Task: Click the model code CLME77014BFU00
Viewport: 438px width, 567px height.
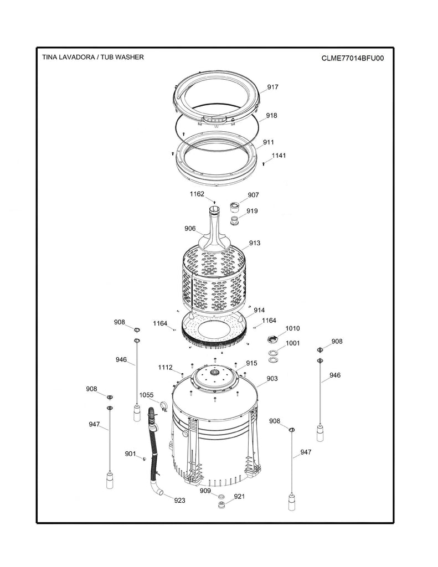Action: coord(352,58)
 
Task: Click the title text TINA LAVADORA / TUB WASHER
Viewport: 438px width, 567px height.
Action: coord(93,57)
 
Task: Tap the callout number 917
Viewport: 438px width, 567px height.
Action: coord(272,87)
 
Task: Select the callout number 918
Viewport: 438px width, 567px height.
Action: coord(271,116)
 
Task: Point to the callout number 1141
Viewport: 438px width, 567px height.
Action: coord(279,156)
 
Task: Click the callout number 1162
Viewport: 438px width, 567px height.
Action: coord(197,194)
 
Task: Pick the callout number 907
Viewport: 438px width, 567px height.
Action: coord(253,195)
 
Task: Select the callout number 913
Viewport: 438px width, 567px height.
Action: coord(255,243)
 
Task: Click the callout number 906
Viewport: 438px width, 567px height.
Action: coord(190,228)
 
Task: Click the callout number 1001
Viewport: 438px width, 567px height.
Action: coord(292,343)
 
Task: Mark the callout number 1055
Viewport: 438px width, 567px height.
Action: coord(146,395)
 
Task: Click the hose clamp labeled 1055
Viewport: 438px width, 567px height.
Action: coord(163,408)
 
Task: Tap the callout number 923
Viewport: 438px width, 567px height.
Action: coord(179,501)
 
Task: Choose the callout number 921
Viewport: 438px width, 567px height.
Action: coord(239,497)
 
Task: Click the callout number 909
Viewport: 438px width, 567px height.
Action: coord(205,491)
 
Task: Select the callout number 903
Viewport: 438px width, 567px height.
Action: coord(272,378)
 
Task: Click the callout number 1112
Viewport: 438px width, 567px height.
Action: coord(165,367)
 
